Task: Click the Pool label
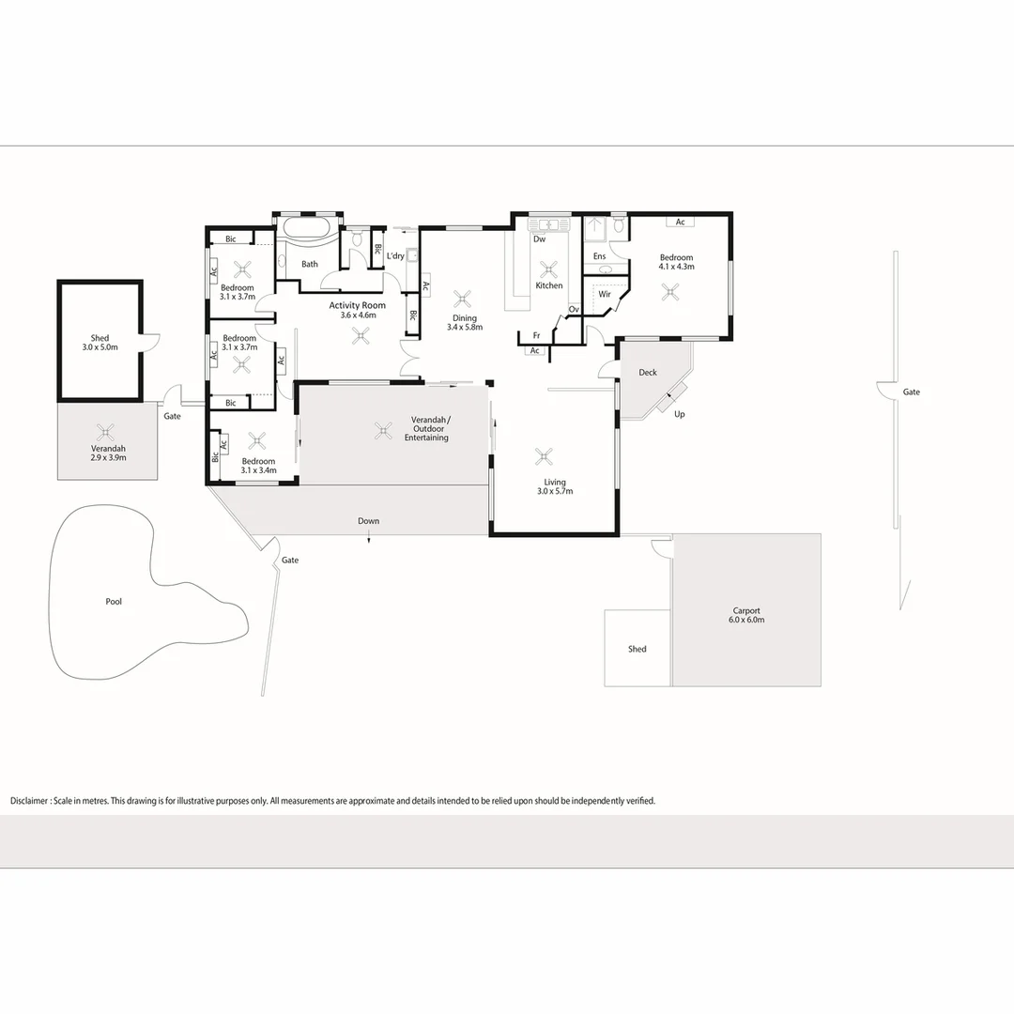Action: coord(114,602)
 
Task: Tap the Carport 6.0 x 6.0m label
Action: coord(746,615)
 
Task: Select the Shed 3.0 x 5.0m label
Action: coord(100,343)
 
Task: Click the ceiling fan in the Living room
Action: coord(544,457)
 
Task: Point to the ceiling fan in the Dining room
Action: coord(462,300)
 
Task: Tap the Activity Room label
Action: coord(357,310)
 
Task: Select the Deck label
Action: coord(648,373)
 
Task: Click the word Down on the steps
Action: coord(368,521)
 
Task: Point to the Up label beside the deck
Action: coord(680,414)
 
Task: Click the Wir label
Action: coord(605,294)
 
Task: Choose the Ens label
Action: coord(599,255)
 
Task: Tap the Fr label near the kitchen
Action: coord(536,335)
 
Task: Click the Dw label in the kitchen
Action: coord(539,238)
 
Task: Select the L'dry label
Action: coord(395,255)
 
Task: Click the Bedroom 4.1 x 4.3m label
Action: coord(676,262)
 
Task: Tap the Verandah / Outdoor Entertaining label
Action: coord(430,428)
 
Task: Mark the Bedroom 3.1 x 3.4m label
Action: coord(258,466)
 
